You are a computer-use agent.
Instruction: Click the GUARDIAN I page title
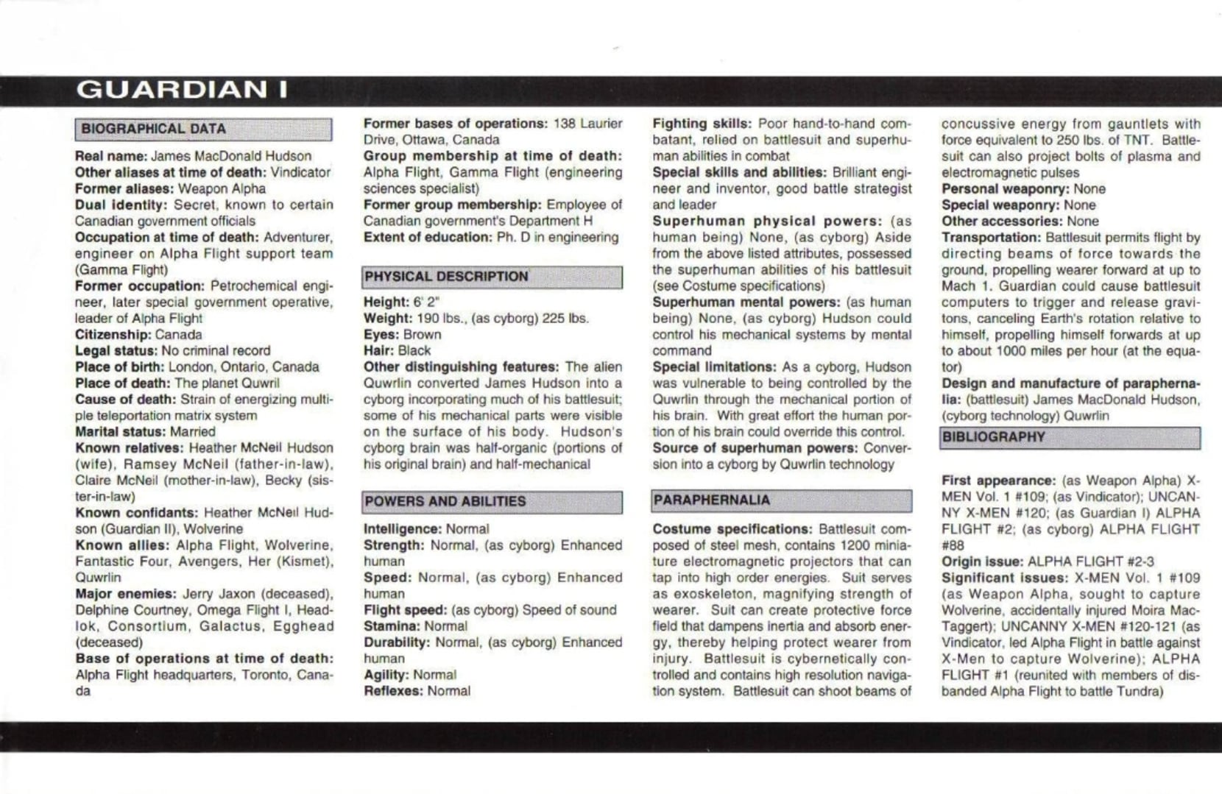tap(181, 90)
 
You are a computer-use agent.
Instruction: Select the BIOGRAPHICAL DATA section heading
tap(153, 129)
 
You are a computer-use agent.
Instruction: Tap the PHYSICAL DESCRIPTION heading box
tap(446, 277)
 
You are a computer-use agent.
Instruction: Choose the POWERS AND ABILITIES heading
tap(445, 501)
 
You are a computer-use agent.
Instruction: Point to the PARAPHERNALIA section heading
tap(711, 500)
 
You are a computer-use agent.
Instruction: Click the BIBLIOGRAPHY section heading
tap(993, 437)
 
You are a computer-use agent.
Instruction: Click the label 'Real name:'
tap(111, 156)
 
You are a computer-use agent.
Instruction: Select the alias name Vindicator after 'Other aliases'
tap(300, 172)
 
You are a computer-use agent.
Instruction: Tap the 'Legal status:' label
tap(116, 350)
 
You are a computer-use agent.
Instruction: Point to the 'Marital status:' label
tap(121, 431)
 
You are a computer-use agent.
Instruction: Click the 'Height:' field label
tap(386, 302)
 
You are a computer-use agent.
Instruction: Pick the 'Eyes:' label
tap(381, 334)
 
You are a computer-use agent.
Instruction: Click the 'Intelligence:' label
tap(402, 528)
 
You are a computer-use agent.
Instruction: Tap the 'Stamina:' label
tap(392, 625)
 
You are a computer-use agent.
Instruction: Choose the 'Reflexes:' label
tap(393, 690)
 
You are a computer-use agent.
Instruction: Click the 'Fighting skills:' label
tap(702, 124)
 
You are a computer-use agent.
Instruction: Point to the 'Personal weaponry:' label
tap(1005, 188)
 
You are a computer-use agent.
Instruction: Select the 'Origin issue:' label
tap(983, 561)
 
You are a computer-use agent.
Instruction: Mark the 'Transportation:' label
tap(991, 237)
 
